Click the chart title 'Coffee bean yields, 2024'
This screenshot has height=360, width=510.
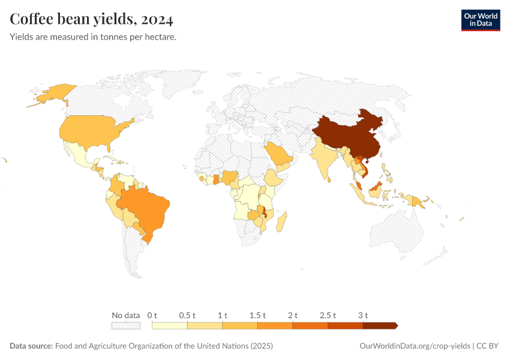(x=92, y=20)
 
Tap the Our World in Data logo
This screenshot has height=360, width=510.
(x=480, y=20)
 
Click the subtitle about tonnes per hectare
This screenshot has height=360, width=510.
(x=93, y=37)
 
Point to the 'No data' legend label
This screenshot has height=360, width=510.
(x=125, y=315)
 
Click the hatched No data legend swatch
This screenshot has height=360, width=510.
(x=125, y=326)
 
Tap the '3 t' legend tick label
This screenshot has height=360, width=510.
(x=362, y=315)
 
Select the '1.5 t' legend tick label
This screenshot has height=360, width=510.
(x=257, y=315)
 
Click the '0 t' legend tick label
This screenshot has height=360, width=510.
(x=152, y=315)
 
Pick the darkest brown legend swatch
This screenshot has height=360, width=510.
(x=379, y=326)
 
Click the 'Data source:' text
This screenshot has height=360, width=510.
(x=31, y=346)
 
